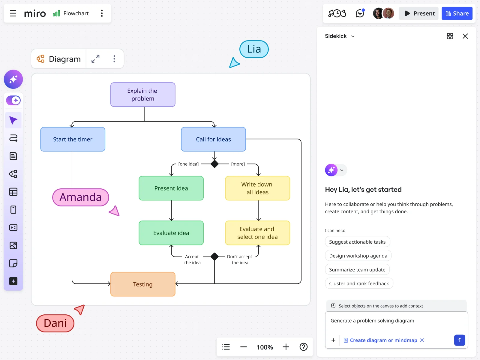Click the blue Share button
point(457,13)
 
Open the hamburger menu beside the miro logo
point(13,13)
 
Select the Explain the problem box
point(143,95)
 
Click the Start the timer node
point(73,139)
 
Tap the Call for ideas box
point(213,139)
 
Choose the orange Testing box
point(143,284)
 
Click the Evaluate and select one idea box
point(257,233)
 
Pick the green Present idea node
point(171,188)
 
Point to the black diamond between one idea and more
point(214,164)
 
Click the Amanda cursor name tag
point(80,197)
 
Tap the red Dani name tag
point(55,323)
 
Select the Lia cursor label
point(254,49)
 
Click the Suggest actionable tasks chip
point(357,242)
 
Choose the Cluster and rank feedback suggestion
point(359,283)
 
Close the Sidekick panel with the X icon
point(465,36)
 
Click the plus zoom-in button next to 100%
point(286,347)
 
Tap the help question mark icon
point(304,347)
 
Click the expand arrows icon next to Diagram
point(95,59)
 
